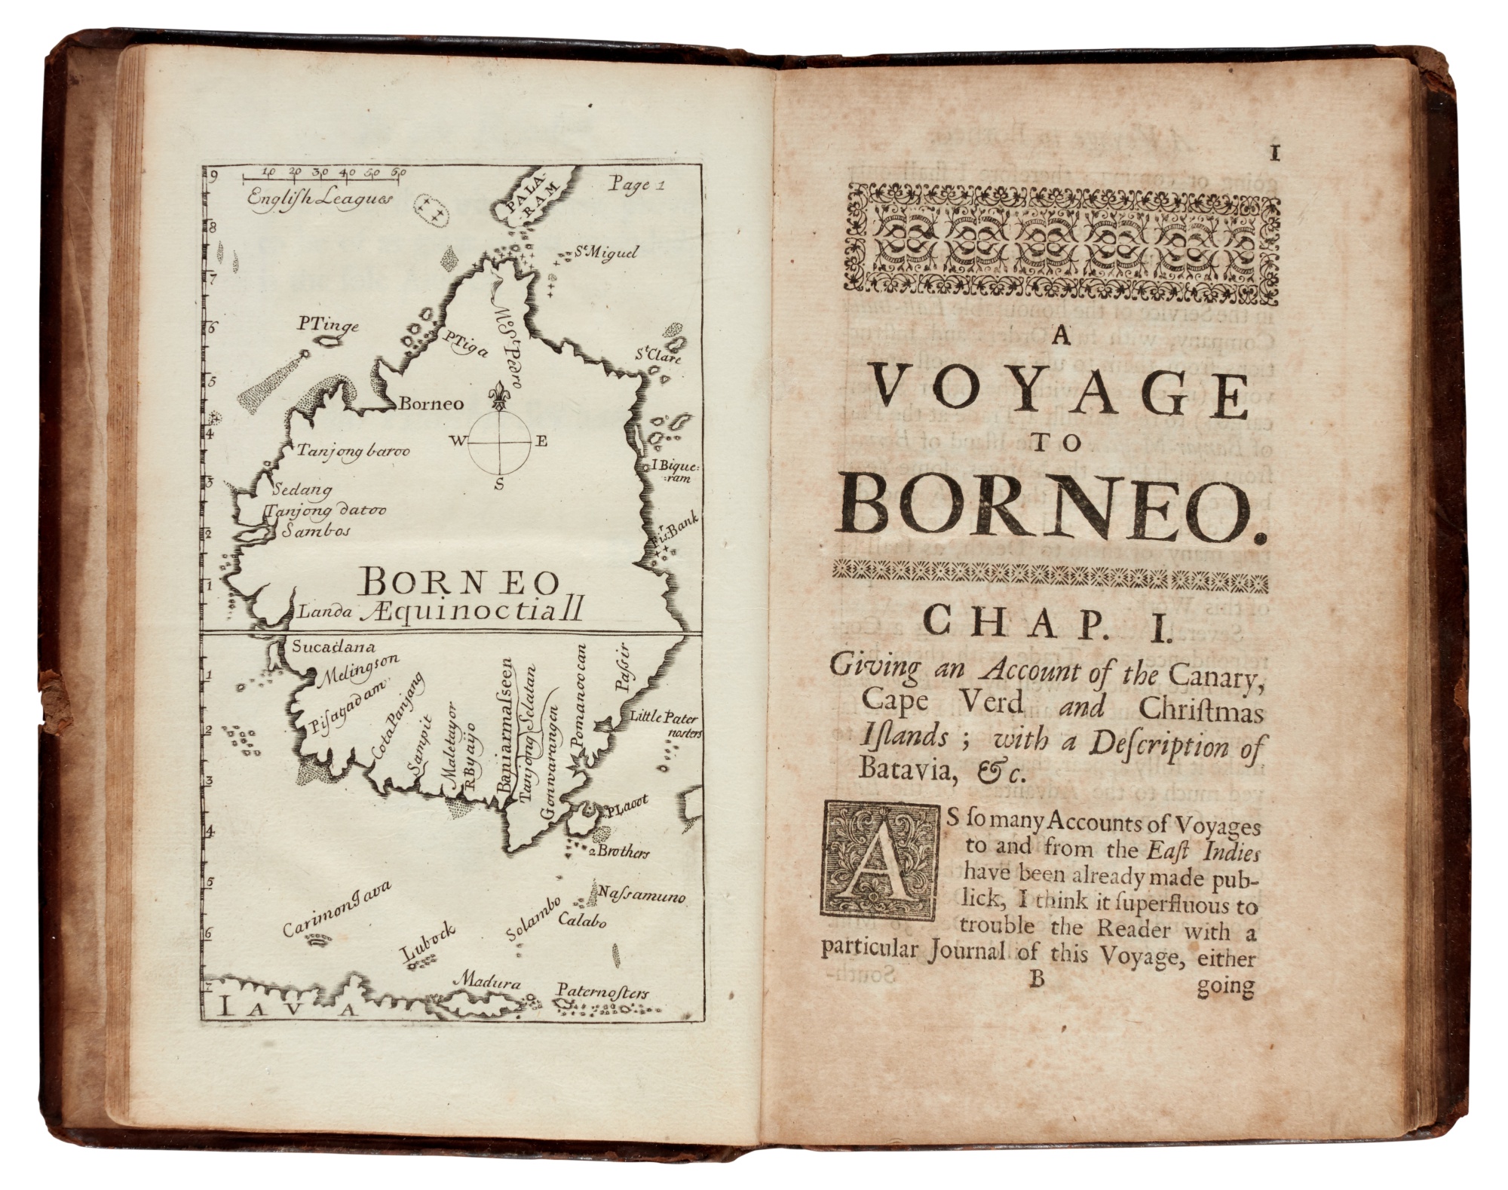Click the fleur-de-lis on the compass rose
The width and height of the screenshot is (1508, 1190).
[x=498, y=394]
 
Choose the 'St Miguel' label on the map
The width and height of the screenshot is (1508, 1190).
[x=605, y=253]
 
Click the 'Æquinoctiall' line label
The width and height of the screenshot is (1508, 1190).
[x=471, y=612]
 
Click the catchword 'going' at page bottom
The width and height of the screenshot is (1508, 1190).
[x=1224, y=987]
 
